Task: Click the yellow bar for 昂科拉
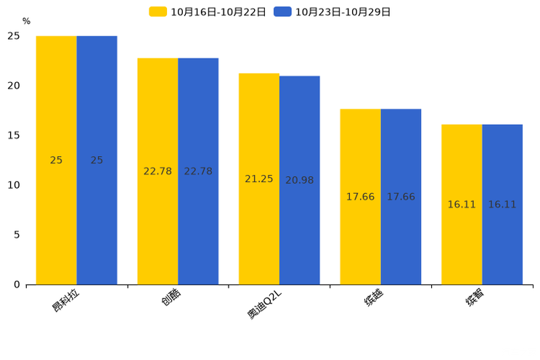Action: click(56, 160)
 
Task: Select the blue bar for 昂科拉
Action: click(97, 160)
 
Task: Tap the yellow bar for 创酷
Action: click(157, 171)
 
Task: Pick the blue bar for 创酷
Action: click(198, 171)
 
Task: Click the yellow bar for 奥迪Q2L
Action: click(259, 179)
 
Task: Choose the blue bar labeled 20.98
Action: click(300, 180)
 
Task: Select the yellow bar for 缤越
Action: click(360, 197)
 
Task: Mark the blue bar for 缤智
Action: click(502, 205)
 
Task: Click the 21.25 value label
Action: click(259, 179)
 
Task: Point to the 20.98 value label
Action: click(300, 180)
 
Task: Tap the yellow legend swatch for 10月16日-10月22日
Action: click(157, 12)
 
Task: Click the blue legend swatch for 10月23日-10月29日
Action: click(282, 12)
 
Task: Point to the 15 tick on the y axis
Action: click(14, 136)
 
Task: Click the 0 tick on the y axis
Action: click(17, 285)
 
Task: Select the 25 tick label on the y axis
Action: click(14, 36)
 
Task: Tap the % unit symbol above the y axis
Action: click(27, 21)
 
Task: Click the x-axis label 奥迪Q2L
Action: click(264, 304)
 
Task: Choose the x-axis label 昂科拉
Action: click(65, 300)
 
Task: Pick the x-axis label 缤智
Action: click(475, 297)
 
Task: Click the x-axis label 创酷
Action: click(171, 297)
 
